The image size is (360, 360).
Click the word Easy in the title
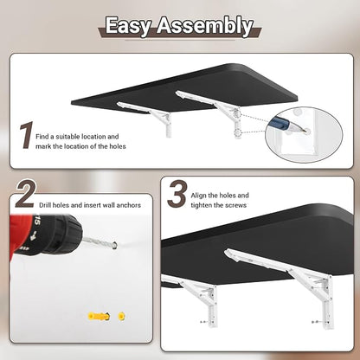(128, 26)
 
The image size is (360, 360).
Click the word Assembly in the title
(205, 26)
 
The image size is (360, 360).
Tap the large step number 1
(27, 135)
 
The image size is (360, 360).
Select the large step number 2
(26, 194)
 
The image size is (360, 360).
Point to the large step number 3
(177, 194)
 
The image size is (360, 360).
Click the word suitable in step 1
(67, 137)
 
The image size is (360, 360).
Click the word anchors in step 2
(129, 205)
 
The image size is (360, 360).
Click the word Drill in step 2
(45, 205)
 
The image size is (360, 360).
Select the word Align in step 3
(198, 196)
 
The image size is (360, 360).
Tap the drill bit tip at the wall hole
(114, 246)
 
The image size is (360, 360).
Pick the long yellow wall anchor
(99, 317)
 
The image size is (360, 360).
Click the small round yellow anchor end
(121, 316)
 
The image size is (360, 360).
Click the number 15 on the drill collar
(37, 222)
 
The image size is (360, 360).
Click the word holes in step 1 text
(118, 146)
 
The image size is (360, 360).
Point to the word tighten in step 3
(202, 205)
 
